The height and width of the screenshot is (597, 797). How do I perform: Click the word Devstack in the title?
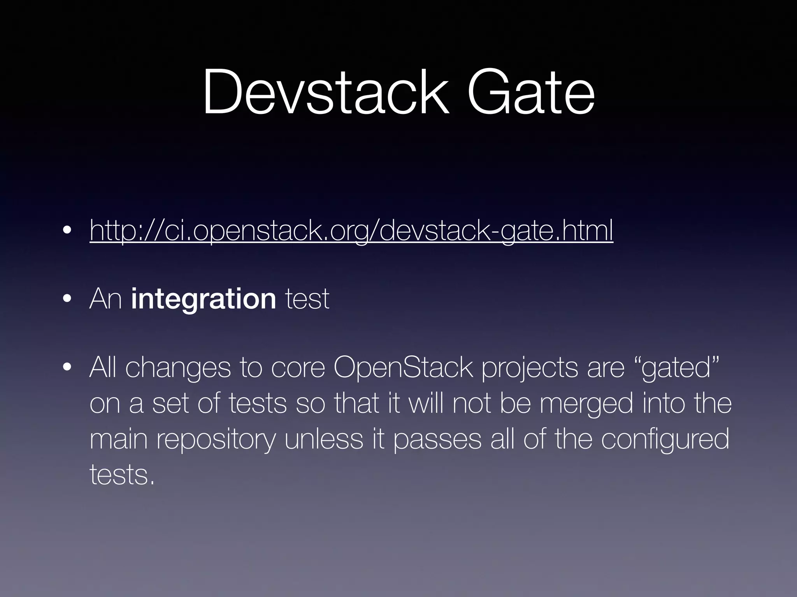[x=325, y=93]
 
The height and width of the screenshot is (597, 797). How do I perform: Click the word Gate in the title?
[x=531, y=93]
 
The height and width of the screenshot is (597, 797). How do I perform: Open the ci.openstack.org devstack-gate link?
[x=351, y=230]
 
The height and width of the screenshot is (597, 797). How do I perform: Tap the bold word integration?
[x=204, y=299]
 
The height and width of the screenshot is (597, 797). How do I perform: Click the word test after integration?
[x=307, y=299]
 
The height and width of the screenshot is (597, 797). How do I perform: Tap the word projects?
[x=529, y=368]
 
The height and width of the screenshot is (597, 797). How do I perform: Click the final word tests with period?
[x=122, y=475]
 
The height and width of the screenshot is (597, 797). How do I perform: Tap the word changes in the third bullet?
[x=178, y=368]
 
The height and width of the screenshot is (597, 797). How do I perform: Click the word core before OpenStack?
[x=298, y=368]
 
